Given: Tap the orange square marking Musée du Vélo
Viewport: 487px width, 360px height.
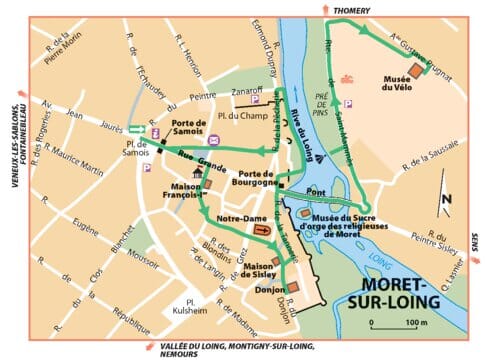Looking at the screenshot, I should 418,71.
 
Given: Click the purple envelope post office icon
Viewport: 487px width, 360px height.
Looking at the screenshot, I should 212,152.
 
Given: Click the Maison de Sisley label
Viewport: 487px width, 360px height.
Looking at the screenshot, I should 262,270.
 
